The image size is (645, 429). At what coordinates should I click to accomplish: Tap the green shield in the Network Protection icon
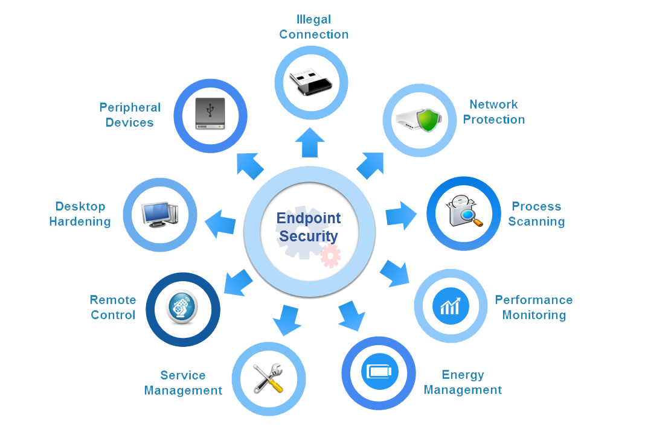428,119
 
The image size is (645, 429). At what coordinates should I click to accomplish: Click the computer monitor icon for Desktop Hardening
159,215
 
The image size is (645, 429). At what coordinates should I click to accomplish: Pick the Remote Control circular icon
183,310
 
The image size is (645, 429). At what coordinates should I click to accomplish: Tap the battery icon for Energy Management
379,370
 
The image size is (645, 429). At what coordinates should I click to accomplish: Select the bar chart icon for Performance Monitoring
451,307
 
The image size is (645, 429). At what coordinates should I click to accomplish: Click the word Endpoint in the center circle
309,218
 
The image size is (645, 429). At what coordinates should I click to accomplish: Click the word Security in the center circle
309,236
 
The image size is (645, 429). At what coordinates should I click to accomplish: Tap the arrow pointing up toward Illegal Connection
310,142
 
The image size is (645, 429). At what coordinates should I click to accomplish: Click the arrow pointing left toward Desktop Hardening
220,224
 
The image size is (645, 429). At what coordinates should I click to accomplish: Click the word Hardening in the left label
80,221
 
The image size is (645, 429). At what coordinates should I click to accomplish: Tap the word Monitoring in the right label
534,315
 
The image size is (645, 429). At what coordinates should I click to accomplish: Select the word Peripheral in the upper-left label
130,107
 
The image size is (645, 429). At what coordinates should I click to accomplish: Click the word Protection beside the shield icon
494,119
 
